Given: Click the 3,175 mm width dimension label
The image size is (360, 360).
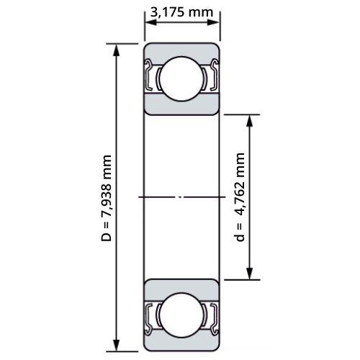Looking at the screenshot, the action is point(181,12).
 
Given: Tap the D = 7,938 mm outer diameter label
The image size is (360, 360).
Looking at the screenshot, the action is point(107,198).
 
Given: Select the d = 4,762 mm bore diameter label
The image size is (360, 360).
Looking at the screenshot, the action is point(240,197).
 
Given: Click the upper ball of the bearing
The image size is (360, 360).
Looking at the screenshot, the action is point(181,78).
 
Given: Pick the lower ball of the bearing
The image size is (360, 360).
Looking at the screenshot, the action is point(181,315).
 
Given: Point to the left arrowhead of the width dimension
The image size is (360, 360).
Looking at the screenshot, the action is point(151,22).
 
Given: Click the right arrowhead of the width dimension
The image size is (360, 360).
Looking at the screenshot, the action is point(213,22).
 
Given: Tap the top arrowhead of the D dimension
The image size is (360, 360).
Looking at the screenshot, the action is point(117,50).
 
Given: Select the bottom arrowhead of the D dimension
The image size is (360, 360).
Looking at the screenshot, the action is point(117,346).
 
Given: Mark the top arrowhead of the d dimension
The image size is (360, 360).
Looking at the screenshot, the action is point(250,121).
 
